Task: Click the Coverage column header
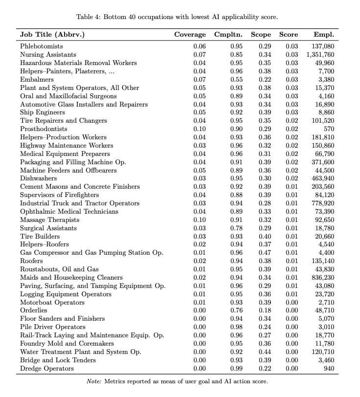point(190,35)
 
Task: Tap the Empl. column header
point(324,35)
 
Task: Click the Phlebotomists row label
point(42,46)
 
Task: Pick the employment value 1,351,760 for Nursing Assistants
point(320,55)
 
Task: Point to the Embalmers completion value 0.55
point(236,79)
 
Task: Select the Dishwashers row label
point(38,178)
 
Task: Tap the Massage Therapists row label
point(49,220)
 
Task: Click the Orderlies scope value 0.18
point(265,310)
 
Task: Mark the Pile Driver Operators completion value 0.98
point(236,327)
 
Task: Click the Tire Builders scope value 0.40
point(265,236)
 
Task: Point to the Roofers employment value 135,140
point(323,261)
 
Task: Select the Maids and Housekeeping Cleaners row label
point(71,277)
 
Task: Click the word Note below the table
point(93,381)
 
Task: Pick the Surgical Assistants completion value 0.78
point(236,228)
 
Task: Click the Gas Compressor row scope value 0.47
point(265,252)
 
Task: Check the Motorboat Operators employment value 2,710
point(326,302)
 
